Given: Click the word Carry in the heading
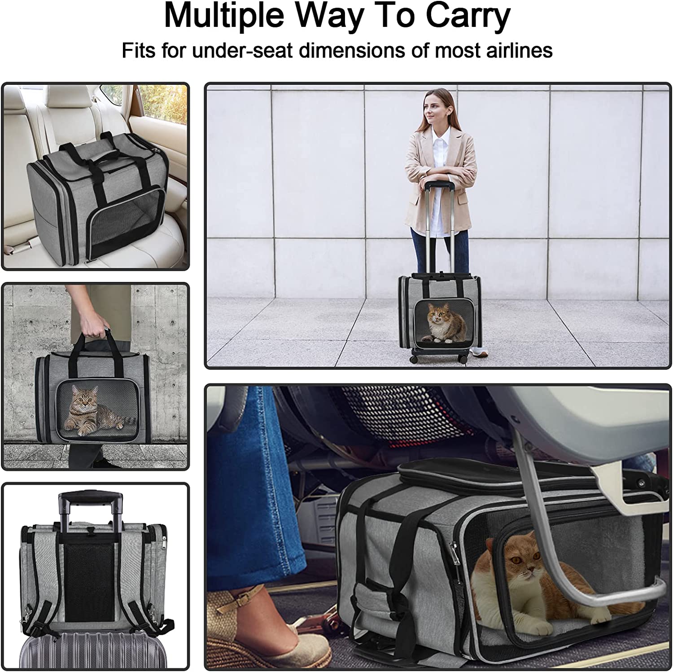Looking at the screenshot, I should tap(468, 16).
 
